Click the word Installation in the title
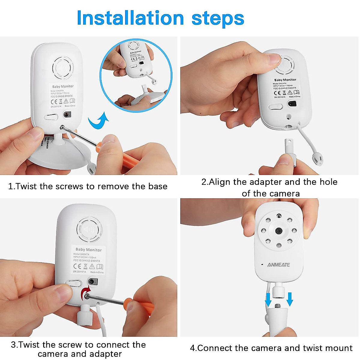(x=130, y=18)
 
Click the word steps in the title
(x=218, y=19)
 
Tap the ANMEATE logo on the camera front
(x=278, y=265)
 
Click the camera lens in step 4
(x=279, y=231)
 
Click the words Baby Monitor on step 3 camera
(x=88, y=250)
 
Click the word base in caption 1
(x=157, y=186)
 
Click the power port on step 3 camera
(x=92, y=282)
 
